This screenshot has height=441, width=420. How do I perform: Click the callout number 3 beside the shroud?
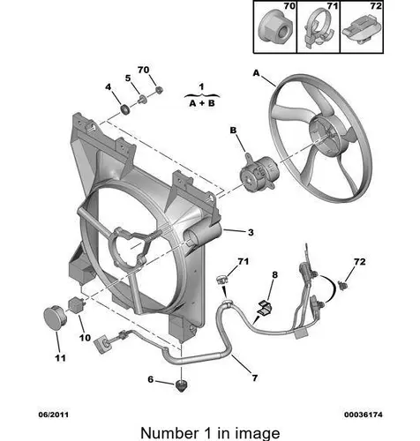(251, 232)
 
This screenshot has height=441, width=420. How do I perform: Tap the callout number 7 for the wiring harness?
(255, 377)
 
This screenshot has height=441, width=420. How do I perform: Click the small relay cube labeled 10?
(77, 305)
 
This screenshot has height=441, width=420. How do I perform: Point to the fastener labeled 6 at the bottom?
(182, 385)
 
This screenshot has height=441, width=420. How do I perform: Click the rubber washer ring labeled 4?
(125, 109)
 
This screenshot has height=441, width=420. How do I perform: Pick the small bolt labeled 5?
(143, 99)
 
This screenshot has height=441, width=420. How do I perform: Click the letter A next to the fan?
(257, 72)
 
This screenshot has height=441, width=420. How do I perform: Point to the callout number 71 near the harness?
(243, 261)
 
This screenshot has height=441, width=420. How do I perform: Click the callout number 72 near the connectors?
(360, 261)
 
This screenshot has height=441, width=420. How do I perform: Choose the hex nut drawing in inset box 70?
(274, 30)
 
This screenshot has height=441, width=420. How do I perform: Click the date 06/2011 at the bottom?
(54, 415)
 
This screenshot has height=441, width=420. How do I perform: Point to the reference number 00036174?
(364, 415)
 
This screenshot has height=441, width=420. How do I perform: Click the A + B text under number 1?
(202, 103)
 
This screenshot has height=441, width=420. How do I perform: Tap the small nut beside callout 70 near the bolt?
(159, 90)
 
